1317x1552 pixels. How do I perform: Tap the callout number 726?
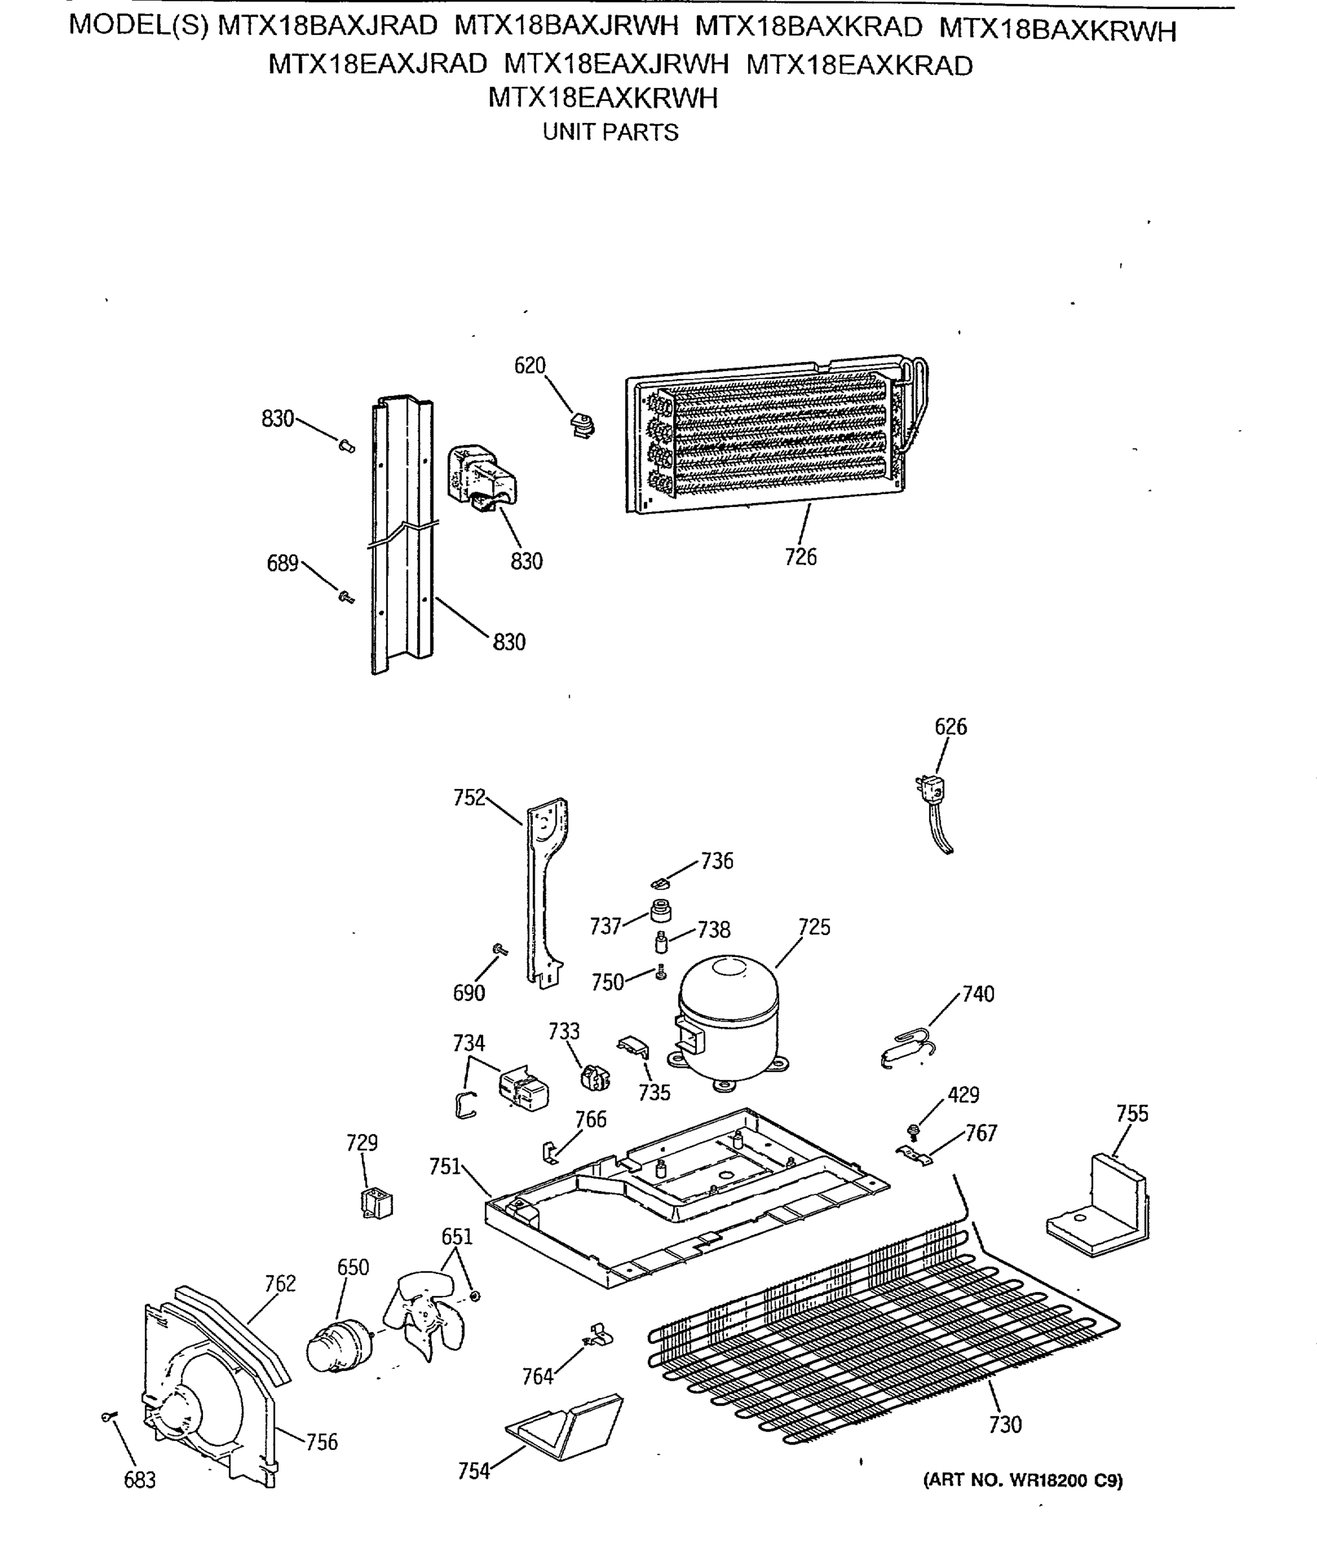tap(800, 557)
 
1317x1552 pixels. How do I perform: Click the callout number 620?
tap(530, 366)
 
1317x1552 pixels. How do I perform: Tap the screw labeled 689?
tap(346, 597)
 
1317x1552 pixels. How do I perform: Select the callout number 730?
tap(1005, 1425)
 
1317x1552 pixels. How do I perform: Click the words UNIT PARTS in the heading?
tap(610, 132)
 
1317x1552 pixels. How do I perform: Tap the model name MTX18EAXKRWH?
tap(603, 98)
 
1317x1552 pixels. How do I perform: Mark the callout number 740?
tap(978, 994)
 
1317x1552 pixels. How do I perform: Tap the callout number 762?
tap(280, 1283)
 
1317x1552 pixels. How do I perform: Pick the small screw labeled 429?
tap(912, 1132)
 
